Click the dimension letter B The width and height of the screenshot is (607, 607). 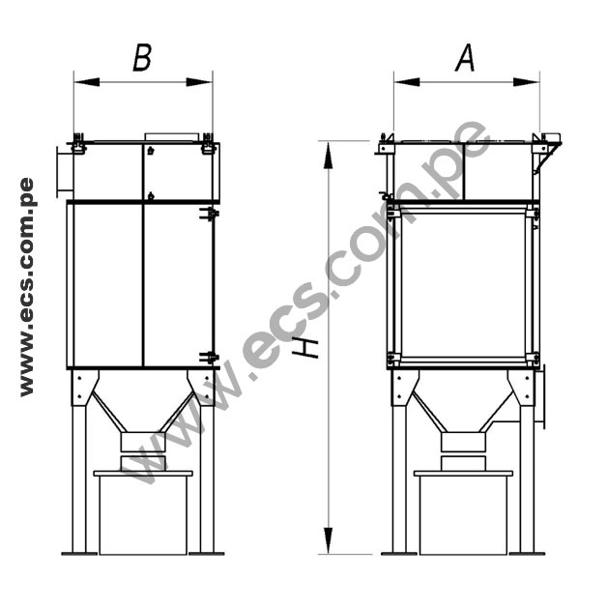tap(142, 58)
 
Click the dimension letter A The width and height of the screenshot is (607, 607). tap(465, 58)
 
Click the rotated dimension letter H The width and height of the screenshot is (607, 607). tap(305, 347)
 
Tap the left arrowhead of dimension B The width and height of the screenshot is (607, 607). tap(87, 82)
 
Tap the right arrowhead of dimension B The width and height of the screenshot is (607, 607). tap(199, 82)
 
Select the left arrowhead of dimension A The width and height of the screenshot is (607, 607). tap(407, 82)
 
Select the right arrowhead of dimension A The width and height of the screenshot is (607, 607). tap(526, 82)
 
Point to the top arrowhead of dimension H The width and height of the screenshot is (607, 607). tap(329, 156)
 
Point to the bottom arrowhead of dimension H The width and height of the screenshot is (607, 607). tap(329, 540)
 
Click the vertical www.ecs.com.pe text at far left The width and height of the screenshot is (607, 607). tap(27, 287)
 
